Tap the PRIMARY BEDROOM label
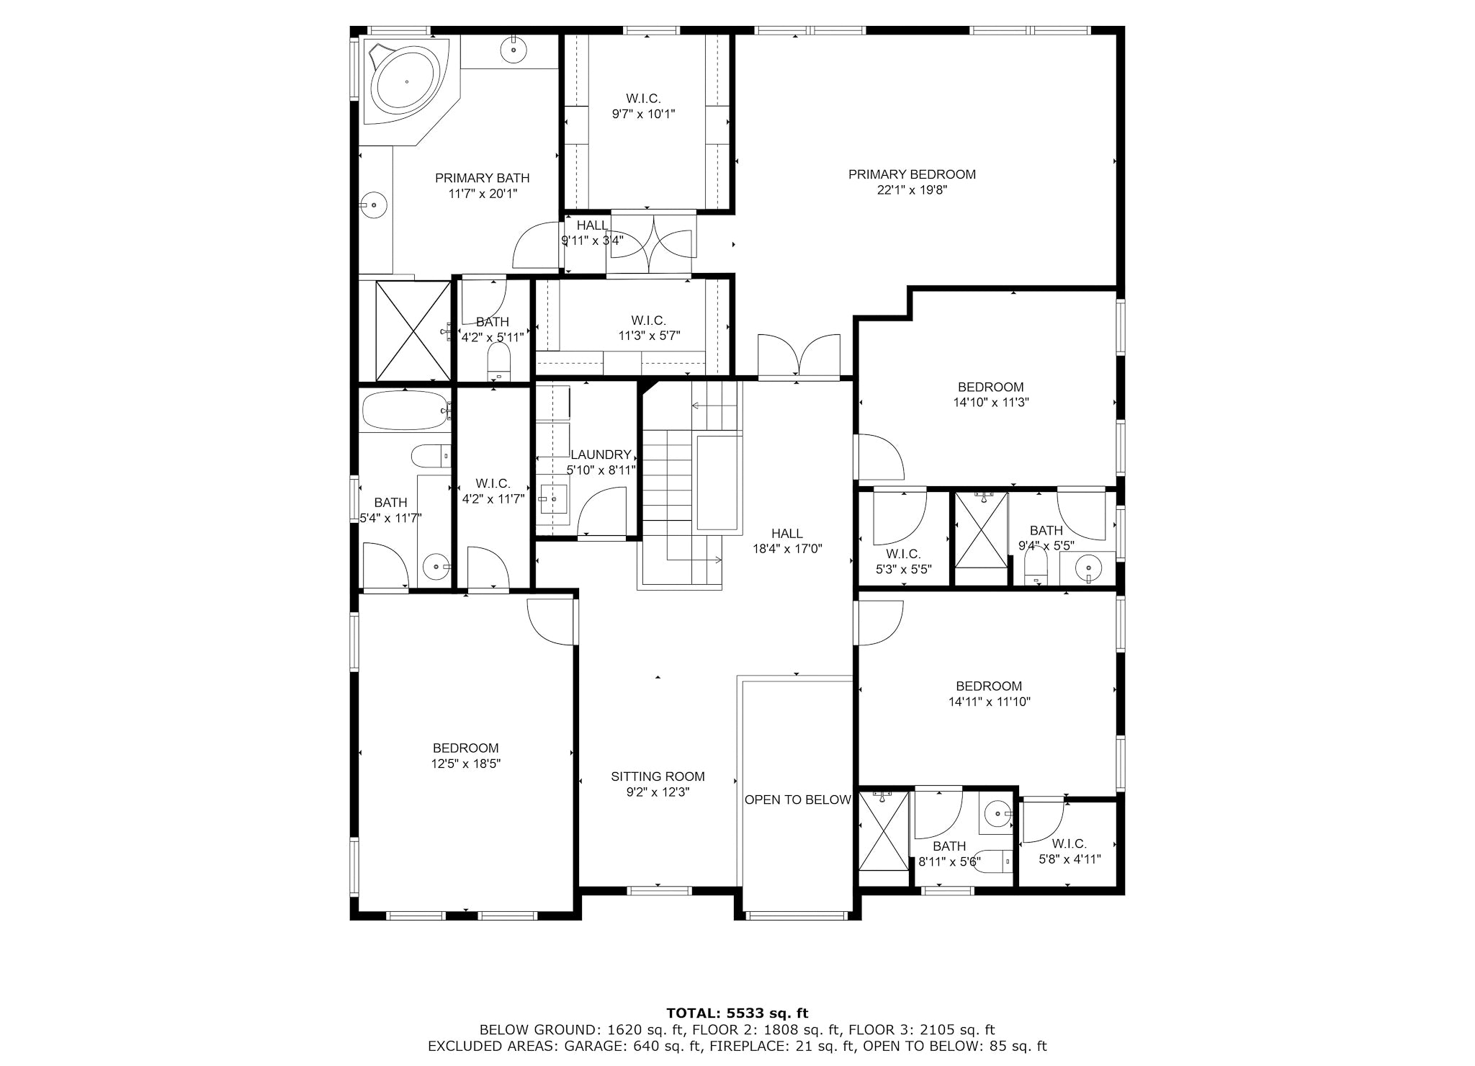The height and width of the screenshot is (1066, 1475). click(x=912, y=174)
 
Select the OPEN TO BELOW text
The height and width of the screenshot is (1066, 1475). click(x=798, y=799)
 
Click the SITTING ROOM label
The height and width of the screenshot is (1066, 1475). click(x=658, y=776)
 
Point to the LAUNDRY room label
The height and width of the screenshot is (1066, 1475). click(x=601, y=454)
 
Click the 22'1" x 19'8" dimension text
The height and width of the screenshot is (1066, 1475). click(x=912, y=190)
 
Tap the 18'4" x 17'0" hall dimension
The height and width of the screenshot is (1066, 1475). click(x=787, y=549)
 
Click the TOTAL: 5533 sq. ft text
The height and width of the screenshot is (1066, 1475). click(x=737, y=1013)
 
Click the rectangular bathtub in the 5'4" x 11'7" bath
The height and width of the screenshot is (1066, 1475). click(x=405, y=411)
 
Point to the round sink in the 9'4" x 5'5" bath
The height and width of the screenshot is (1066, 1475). click(x=1089, y=569)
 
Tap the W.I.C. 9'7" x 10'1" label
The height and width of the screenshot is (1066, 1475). click(x=643, y=106)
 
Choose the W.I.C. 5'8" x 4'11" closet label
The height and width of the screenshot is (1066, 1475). click(x=1070, y=851)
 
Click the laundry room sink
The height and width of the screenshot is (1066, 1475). click(x=553, y=498)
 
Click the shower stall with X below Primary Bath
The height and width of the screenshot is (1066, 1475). click(x=413, y=331)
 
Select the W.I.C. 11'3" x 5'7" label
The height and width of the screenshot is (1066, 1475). click(x=649, y=328)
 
